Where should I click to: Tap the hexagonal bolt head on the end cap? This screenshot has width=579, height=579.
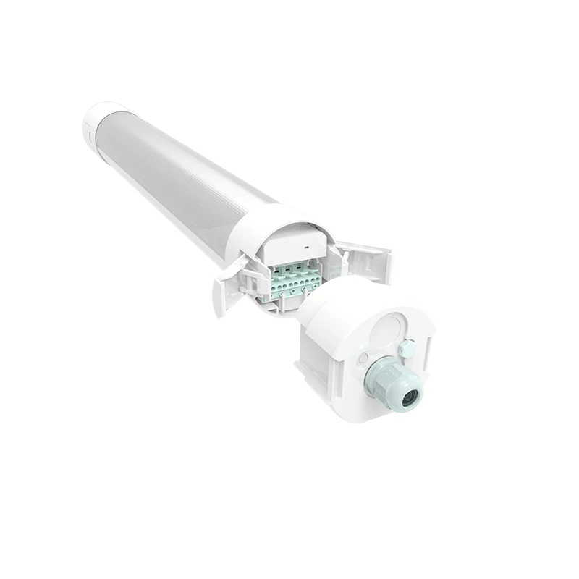pos(406,349)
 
